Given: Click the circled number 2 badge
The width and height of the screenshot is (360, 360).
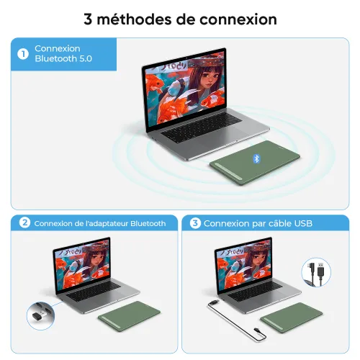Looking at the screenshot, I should [x=25, y=223].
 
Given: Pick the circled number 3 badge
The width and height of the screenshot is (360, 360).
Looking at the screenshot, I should [x=195, y=223].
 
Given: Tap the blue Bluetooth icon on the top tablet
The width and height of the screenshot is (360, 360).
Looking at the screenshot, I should [x=256, y=158].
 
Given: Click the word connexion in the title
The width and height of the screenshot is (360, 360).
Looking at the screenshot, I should [x=237, y=19].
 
